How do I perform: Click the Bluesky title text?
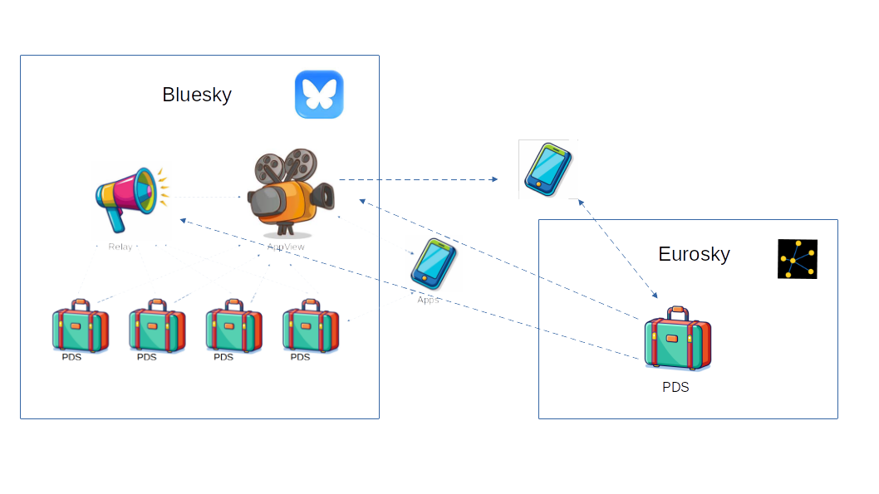(x=197, y=95)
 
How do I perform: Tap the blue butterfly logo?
(x=319, y=95)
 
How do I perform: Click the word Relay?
(x=120, y=247)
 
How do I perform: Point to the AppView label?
(x=286, y=247)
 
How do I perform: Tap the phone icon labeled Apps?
(x=434, y=263)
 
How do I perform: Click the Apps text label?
(x=428, y=300)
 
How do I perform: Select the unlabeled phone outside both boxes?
(x=548, y=169)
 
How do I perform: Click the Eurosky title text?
(x=694, y=254)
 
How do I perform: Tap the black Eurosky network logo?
(x=798, y=259)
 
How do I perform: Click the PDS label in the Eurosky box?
(x=675, y=387)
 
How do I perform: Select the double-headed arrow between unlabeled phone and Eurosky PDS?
(x=617, y=248)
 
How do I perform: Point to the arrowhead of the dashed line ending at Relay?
(x=183, y=220)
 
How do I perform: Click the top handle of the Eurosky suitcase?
(x=677, y=312)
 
